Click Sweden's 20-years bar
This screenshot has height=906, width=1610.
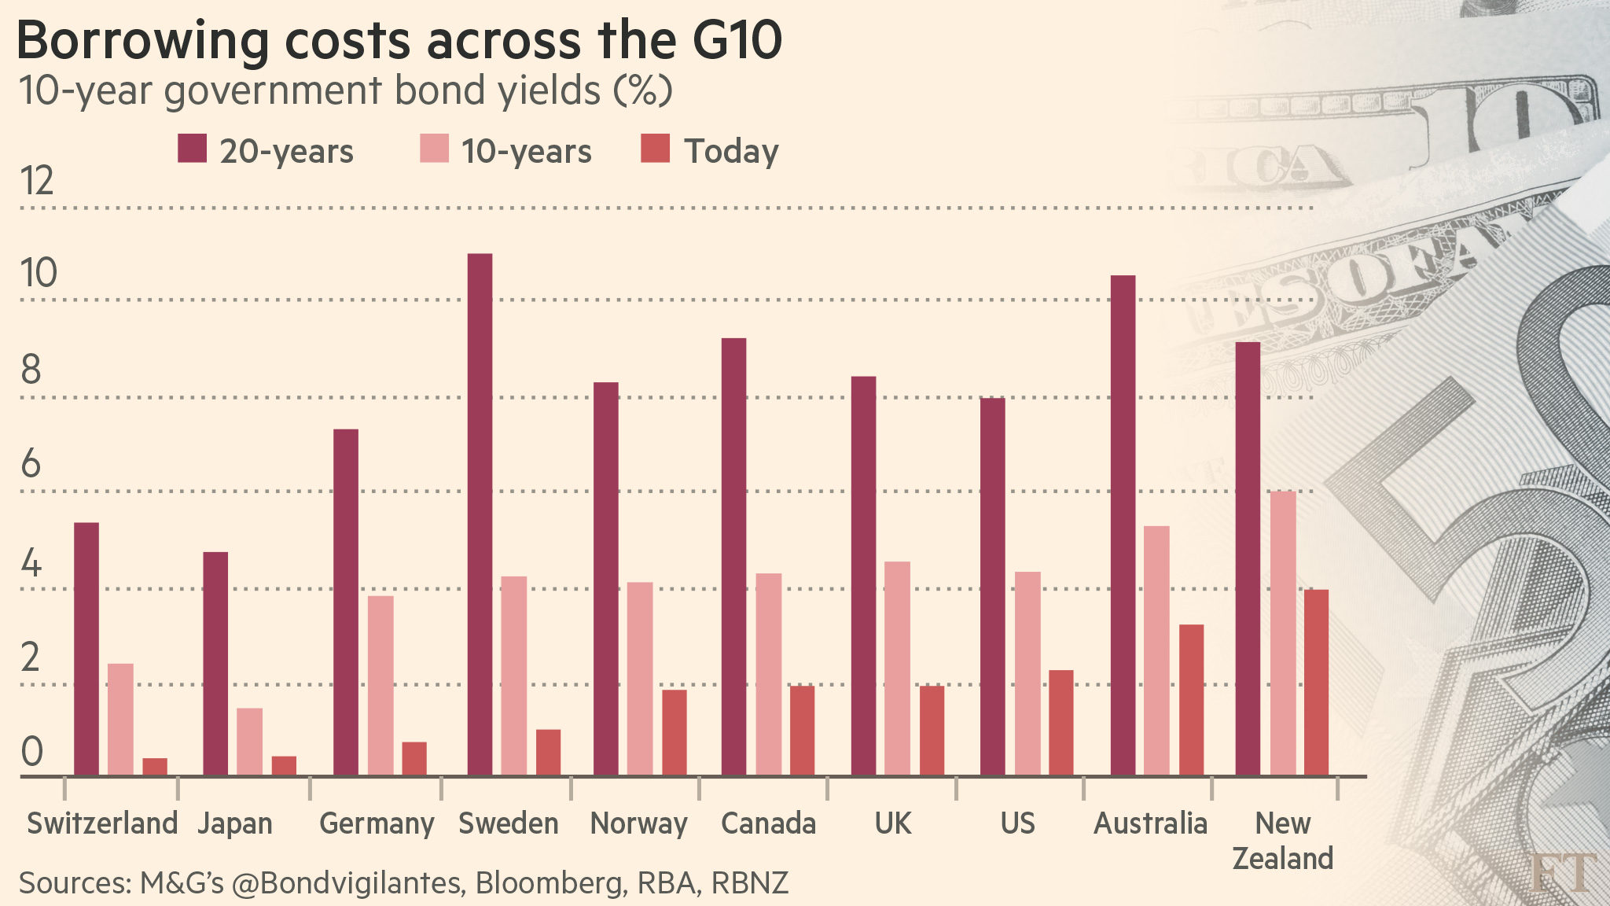(480, 515)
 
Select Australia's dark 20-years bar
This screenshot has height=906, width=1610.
(1123, 525)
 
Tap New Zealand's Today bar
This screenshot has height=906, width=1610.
(1317, 683)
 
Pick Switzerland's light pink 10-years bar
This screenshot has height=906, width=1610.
(120, 720)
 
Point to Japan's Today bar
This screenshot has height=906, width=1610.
(284, 766)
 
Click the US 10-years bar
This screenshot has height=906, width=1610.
(1027, 673)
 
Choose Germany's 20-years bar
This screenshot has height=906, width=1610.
(346, 602)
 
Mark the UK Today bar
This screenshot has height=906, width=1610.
(932, 731)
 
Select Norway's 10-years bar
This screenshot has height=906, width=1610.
(640, 679)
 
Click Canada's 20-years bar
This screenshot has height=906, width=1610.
(733, 557)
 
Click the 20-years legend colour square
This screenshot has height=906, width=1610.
(193, 149)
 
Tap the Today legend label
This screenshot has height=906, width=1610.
(731, 151)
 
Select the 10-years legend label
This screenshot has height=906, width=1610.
(526, 151)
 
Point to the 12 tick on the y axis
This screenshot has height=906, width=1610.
(37, 182)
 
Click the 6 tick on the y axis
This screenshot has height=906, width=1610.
(31, 464)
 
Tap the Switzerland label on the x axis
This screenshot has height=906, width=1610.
(102, 823)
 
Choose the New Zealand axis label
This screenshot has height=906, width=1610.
(1282, 840)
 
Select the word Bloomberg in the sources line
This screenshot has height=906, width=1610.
(548, 882)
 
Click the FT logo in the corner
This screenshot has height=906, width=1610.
(1563, 872)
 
